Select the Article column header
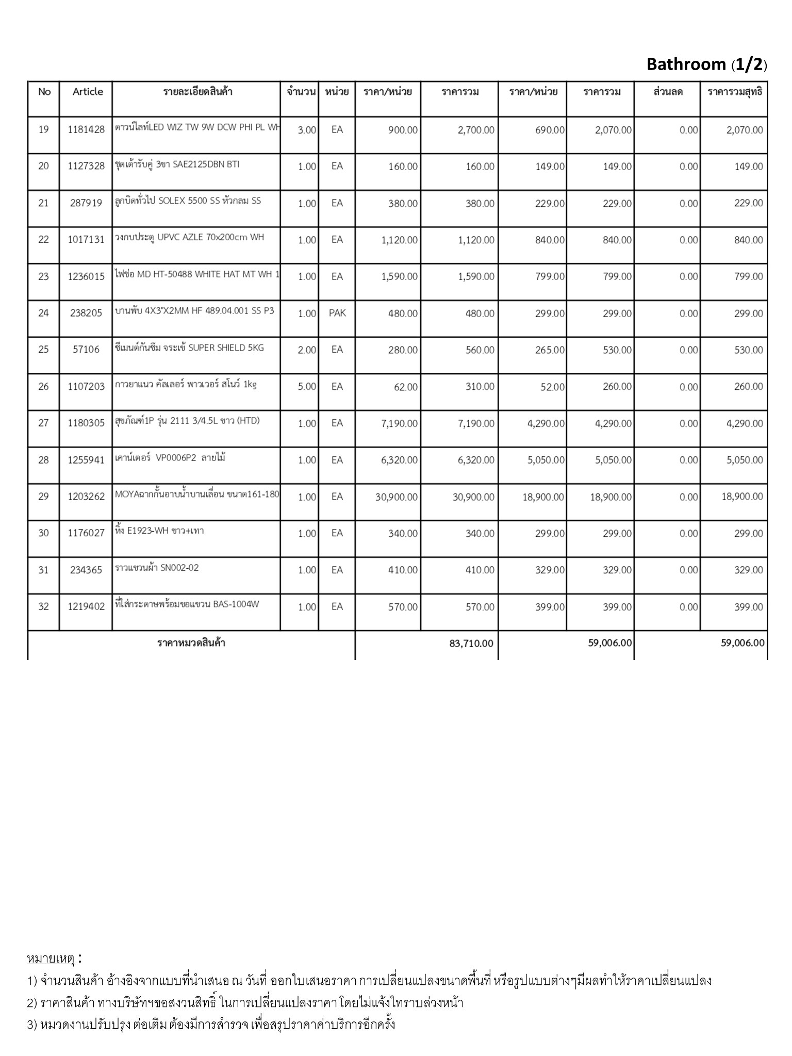[88, 92]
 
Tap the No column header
[44, 92]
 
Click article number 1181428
[86, 129]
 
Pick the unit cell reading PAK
[337, 313]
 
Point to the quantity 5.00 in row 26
[307, 387]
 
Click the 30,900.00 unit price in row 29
[397, 497]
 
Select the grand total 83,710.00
[471, 643]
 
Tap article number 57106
[86, 350]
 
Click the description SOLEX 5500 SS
[188, 201]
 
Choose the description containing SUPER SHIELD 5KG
[189, 348]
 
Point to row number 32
[44, 606]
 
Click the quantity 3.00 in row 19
[307, 130]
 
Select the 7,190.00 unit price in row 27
[399, 423]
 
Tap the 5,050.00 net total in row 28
[745, 460]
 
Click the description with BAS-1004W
[187, 604]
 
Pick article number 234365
[86, 570]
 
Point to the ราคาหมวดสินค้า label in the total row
[191, 643]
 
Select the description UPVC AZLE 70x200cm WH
[189, 237]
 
